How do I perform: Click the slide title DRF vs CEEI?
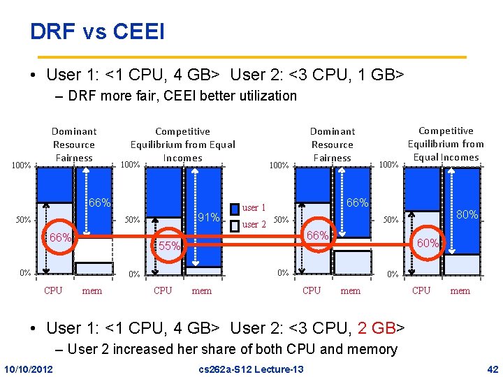point(97,32)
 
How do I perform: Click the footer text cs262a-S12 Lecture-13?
point(251,369)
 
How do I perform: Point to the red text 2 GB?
point(377,327)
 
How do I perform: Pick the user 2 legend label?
point(254,225)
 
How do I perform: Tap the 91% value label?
point(209,216)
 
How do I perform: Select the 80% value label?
point(467,215)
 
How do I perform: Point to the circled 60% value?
point(428,243)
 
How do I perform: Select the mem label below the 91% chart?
point(201,291)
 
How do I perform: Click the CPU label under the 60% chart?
point(421,290)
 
